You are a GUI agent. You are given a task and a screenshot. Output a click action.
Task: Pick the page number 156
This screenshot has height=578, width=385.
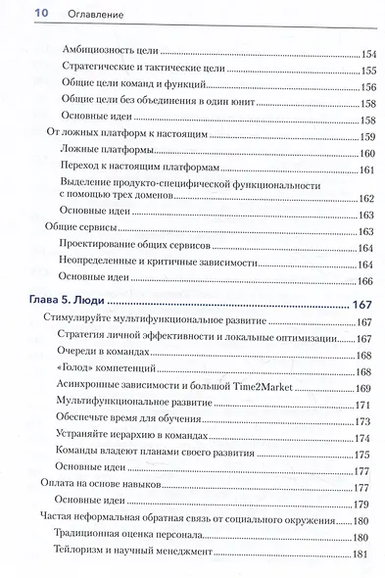[x=367, y=88]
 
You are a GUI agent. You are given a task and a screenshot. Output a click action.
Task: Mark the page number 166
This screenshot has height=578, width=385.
[x=367, y=281]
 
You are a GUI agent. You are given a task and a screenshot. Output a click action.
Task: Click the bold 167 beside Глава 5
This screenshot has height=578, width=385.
[x=362, y=306]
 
